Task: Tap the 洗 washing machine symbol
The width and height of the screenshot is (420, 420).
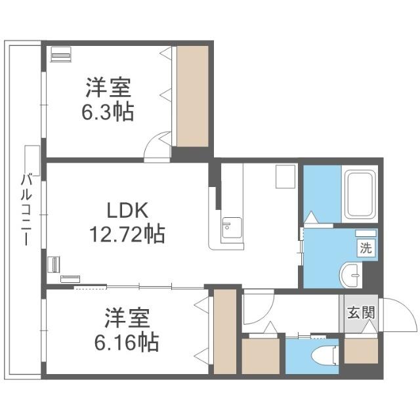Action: coord(366,248)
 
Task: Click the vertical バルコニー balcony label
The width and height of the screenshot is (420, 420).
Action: coord(26,209)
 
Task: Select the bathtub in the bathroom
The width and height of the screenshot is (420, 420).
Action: coord(359,194)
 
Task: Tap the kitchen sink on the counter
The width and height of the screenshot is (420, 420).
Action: coord(228,228)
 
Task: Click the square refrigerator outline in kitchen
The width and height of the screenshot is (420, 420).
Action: coord(285,176)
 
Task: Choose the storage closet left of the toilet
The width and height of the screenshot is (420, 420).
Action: coord(261,355)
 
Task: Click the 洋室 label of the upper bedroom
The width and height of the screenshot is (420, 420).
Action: coord(108,88)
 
